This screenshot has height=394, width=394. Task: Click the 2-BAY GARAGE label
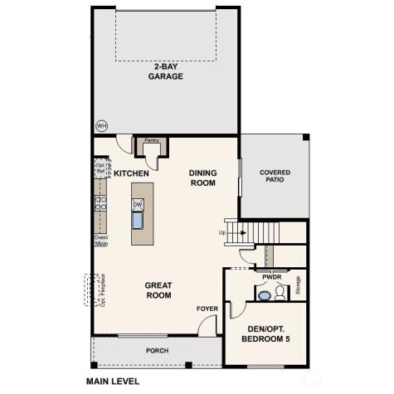pyautogui.click(x=166, y=71)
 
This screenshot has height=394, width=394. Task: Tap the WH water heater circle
pyautogui.click(x=102, y=125)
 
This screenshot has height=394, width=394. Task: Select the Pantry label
pyautogui.click(x=152, y=141)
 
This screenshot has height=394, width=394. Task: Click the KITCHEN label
pyautogui.click(x=131, y=173)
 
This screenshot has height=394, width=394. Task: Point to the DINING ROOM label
pyautogui.click(x=202, y=178)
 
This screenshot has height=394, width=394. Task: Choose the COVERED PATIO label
pyautogui.click(x=275, y=176)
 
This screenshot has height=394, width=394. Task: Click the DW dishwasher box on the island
pyautogui.click(x=139, y=203)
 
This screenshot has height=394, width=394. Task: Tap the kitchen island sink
pyautogui.click(x=139, y=220)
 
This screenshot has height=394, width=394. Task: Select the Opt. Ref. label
pyautogui.click(x=100, y=168)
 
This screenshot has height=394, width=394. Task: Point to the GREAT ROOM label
pyautogui.click(x=158, y=289)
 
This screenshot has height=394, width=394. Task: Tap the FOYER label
pyautogui.click(x=207, y=309)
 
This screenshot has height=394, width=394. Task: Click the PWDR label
pyautogui.click(x=271, y=277)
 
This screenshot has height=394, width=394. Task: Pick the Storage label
pyautogui.click(x=298, y=285)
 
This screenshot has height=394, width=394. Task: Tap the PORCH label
pyautogui.click(x=157, y=350)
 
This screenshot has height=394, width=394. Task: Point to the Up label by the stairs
pyautogui.click(x=222, y=232)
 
